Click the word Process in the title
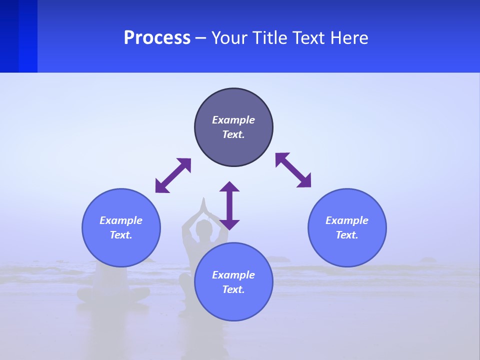tap(157, 38)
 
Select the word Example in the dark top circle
tap(233, 120)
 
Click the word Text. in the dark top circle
tap(233, 134)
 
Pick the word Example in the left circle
tap(121, 220)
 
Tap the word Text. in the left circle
tap(121, 235)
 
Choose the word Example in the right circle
tap(347, 220)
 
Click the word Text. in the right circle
tap(347, 235)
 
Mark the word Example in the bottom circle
tap(233, 275)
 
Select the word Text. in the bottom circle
tap(233, 289)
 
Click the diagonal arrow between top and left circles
tap(173, 175)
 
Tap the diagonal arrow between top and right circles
tap(293, 170)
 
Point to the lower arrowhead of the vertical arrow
tap(229, 224)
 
